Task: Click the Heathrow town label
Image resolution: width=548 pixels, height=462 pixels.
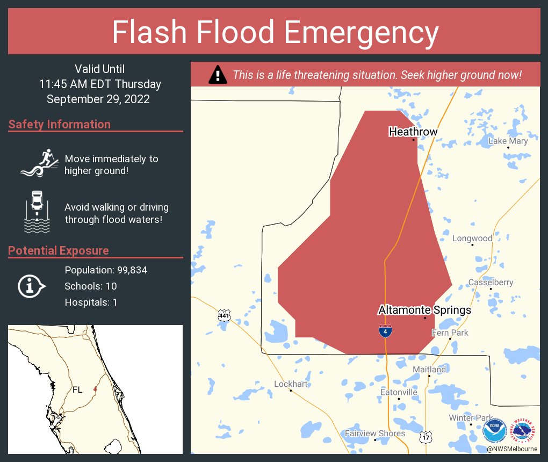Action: point(413,132)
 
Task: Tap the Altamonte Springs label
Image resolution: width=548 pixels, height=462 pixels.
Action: point(424,310)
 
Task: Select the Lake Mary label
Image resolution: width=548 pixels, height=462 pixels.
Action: point(508,141)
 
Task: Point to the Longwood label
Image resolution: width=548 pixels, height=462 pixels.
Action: point(472,238)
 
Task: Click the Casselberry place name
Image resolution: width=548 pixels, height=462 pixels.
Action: point(491,282)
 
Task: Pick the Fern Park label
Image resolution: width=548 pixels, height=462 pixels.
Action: point(450,333)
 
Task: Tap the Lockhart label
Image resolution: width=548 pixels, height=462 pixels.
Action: point(291,384)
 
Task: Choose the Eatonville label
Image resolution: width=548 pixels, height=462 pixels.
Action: point(399,392)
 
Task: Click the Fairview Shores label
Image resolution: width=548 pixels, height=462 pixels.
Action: point(375,433)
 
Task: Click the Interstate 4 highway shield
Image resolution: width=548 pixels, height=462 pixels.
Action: point(385,331)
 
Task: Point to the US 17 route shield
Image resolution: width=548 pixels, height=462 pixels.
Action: point(426,438)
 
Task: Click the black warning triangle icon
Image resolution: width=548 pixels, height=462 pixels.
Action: point(217,75)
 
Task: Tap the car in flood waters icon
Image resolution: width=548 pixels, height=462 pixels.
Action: point(37,212)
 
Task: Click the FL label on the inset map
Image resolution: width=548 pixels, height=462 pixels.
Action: point(77,390)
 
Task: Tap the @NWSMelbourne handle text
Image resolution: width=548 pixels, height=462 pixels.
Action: point(512,449)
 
